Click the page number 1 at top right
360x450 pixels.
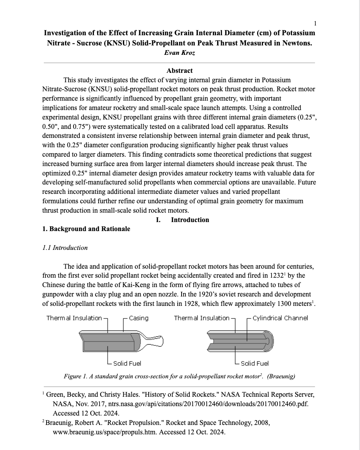[x=315, y=23]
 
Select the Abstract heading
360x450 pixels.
[x=179, y=71]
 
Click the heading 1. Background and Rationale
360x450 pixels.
[x=86, y=229]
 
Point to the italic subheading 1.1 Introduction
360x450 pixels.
[x=65, y=248]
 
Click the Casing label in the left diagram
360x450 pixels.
[x=139, y=318]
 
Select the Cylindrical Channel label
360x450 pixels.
[x=280, y=318]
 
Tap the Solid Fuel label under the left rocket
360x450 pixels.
[x=127, y=363]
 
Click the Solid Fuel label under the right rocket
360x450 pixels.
[x=255, y=363]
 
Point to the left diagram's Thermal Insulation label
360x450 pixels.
[x=74, y=318]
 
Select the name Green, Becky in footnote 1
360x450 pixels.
[x=62, y=394]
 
